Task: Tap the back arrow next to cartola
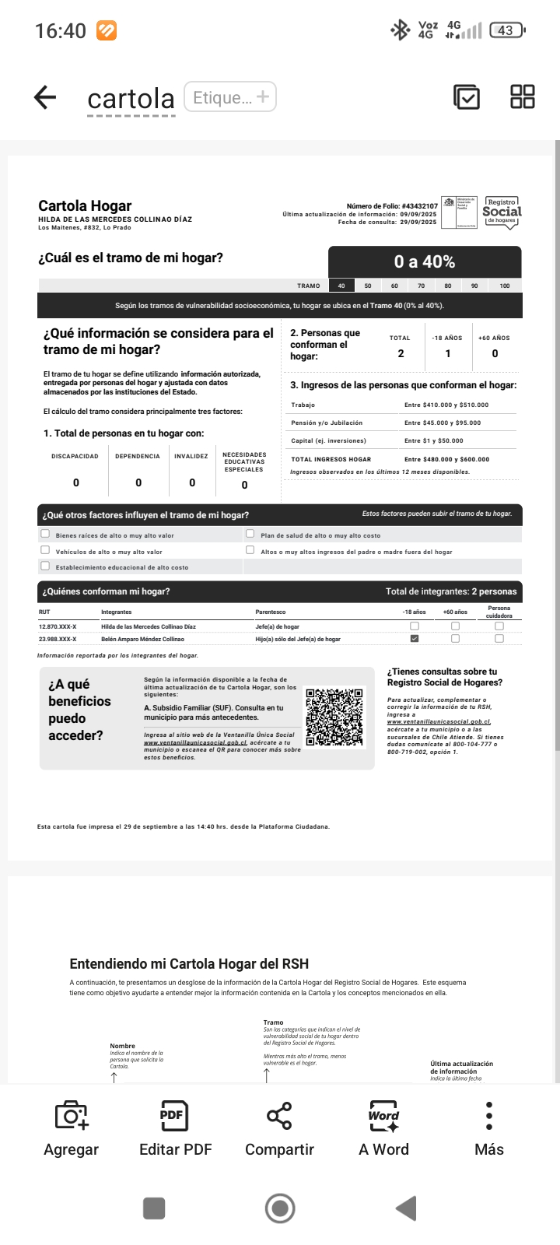point(45,97)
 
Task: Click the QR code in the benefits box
point(335,717)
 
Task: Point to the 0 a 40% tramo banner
point(425,262)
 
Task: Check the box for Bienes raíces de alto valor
point(45,534)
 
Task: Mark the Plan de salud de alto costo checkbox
point(250,534)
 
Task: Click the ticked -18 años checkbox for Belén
point(415,639)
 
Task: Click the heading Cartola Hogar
point(85,206)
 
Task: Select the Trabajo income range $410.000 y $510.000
point(446,405)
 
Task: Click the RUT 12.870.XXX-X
point(58,626)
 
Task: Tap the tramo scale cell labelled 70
point(421,286)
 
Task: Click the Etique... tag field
point(230,97)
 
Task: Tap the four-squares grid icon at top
point(523,97)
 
